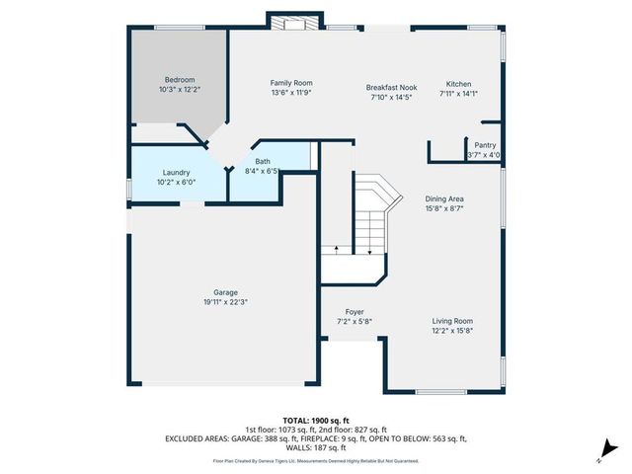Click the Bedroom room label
click(180, 79)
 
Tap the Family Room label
click(291, 83)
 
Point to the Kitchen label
click(459, 84)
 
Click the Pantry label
click(485, 144)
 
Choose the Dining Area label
click(444, 198)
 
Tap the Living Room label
click(452, 321)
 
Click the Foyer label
click(355, 312)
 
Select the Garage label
click(226, 292)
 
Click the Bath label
click(263, 161)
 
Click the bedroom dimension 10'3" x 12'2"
click(180, 90)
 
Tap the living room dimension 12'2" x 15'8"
click(452, 331)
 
